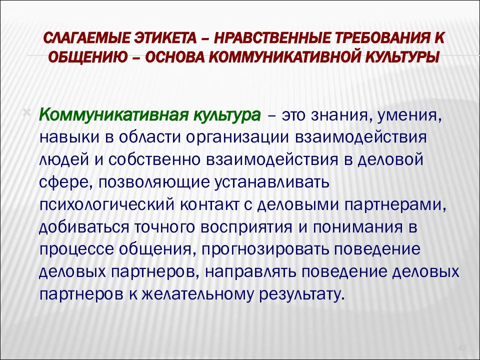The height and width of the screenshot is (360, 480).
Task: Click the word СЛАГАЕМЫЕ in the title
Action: click(x=84, y=38)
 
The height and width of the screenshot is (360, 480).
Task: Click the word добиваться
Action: click(x=83, y=228)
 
